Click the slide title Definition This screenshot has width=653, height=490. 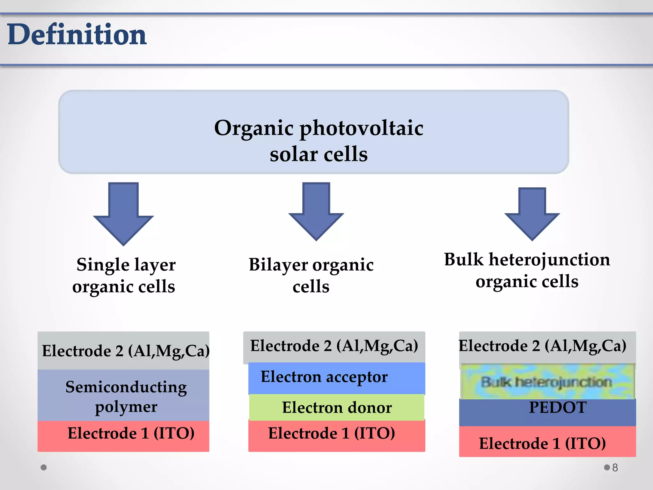77,34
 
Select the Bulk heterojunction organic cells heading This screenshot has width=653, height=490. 527,270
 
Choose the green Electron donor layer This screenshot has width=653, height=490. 337,407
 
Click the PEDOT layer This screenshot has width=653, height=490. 547,412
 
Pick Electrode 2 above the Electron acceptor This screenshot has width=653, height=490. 334,346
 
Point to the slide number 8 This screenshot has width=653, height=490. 615,468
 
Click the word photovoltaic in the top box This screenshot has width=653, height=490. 362,128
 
